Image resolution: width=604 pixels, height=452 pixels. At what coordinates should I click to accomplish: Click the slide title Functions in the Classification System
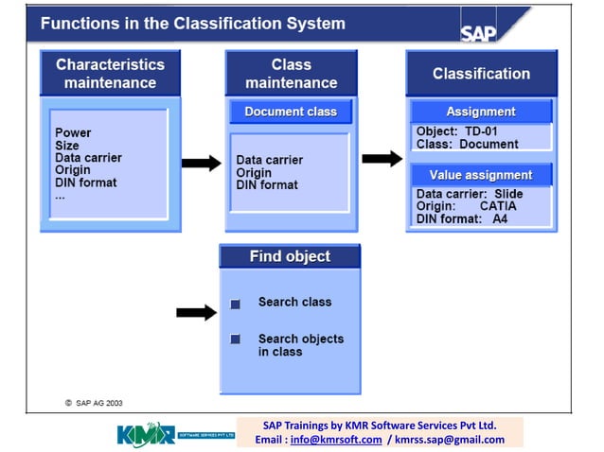coord(193,23)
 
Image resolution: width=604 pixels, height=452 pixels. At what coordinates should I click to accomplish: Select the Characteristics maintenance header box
coord(110,74)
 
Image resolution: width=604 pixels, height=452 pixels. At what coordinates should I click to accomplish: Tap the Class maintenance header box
coord(291,74)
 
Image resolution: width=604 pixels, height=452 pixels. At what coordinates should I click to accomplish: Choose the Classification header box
coord(481,74)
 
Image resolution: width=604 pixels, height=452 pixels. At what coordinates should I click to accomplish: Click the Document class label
coord(291,112)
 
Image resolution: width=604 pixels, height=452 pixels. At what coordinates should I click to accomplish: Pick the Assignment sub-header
coord(481,112)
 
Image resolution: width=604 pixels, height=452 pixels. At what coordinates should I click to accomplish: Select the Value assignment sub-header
coord(481,175)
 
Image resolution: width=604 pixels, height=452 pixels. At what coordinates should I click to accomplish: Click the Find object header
coord(290,256)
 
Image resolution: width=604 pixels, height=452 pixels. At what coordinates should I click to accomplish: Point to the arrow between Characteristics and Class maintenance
coord(201,164)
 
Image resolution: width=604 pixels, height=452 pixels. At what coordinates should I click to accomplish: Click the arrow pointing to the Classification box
coord(382,158)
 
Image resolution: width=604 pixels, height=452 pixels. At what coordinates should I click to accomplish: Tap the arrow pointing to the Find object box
coord(196,312)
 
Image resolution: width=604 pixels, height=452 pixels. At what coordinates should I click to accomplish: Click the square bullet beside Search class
coord(236,304)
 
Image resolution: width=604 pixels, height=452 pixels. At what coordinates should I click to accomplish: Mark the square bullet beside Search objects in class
coord(236,339)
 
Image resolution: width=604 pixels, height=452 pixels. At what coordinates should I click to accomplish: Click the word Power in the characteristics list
coord(73,133)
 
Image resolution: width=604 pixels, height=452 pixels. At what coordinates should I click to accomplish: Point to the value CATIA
coord(498,206)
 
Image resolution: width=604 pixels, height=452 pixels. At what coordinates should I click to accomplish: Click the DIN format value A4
coord(500,218)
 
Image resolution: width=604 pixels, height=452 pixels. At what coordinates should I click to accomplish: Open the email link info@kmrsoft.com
coord(336,440)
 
